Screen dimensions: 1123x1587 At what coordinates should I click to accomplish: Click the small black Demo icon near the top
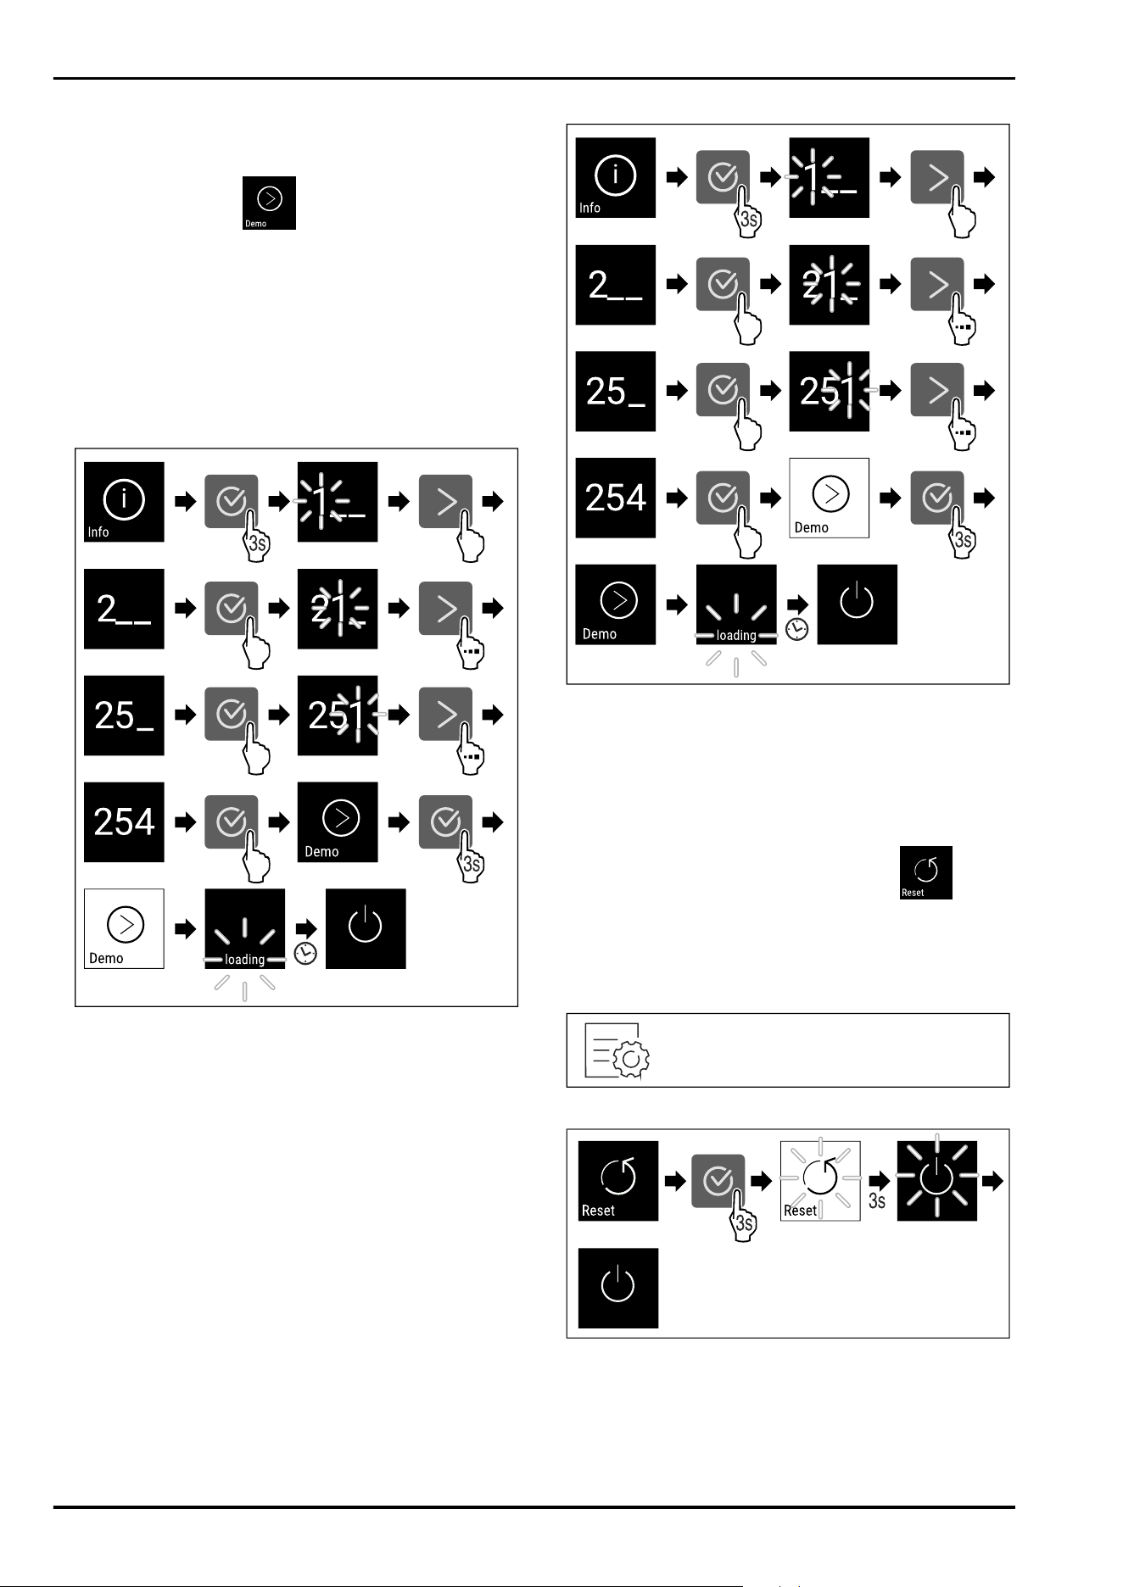point(269,203)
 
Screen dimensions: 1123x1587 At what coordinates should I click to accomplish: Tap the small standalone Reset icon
point(925,872)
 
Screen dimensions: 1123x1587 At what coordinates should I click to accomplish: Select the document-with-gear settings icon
point(617,1050)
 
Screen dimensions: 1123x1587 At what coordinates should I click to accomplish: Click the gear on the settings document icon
point(630,1061)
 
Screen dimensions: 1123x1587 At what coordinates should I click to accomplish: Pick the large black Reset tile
point(617,1181)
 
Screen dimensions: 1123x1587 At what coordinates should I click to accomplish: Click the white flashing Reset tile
point(820,1181)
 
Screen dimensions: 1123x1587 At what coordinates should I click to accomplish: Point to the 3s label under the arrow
point(877,1200)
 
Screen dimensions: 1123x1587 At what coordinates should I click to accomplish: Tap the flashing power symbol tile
point(936,1181)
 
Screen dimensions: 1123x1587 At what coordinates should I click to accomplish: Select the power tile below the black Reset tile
point(617,1288)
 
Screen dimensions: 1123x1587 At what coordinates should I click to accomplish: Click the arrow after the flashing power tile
point(993,1180)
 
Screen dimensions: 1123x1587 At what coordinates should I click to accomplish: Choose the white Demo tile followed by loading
point(124,928)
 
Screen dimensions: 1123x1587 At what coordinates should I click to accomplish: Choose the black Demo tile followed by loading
point(616,604)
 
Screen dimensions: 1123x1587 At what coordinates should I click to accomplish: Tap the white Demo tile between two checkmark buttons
point(830,498)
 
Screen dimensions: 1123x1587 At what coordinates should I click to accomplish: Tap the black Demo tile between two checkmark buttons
point(338,822)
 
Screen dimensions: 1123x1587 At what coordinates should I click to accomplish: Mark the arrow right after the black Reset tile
point(675,1180)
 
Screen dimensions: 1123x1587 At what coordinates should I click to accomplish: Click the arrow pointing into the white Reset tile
point(762,1180)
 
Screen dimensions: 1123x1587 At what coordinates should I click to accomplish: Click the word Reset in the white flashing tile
point(800,1211)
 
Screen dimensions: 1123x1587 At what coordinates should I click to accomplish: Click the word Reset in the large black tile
point(598,1211)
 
